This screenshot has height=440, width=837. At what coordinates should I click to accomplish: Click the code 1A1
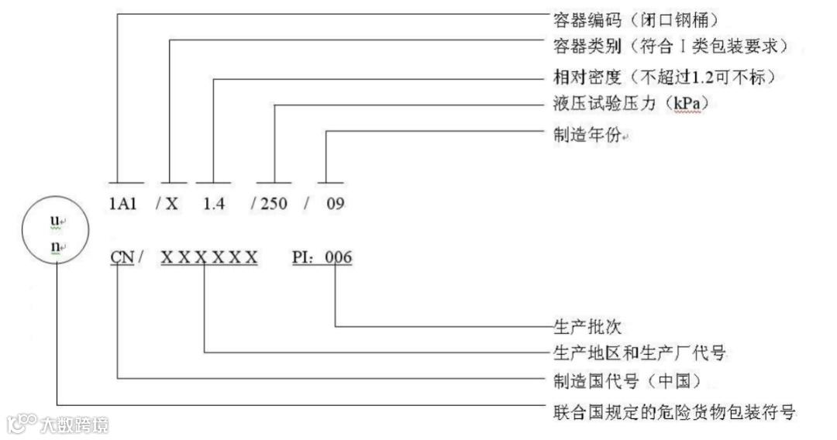[122, 205]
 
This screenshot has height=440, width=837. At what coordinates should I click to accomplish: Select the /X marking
[167, 205]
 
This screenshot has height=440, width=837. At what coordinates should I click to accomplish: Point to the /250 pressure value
[269, 205]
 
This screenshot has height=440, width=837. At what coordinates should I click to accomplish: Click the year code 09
[335, 205]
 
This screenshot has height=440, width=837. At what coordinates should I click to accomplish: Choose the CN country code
[122, 256]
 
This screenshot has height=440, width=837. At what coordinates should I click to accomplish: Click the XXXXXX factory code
[209, 256]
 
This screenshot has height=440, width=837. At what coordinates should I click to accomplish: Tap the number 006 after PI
[339, 256]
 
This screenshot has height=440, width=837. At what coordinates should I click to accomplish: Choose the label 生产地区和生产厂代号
[638, 353]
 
